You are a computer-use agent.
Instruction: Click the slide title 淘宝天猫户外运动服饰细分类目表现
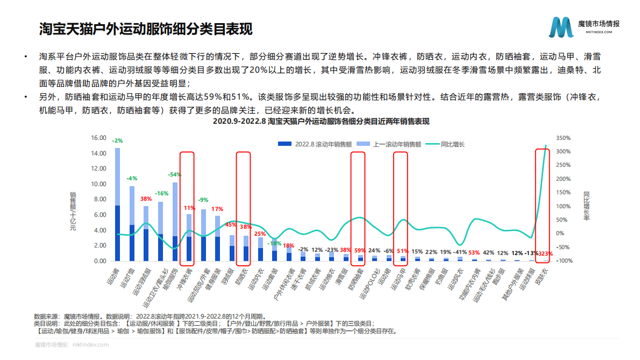pyautogui.click(x=146, y=29)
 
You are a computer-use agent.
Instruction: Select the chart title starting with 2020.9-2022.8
pyautogui.click(x=321, y=122)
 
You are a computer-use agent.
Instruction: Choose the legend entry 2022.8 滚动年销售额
pyautogui.click(x=315, y=144)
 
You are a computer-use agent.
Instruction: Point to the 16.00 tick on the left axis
pyautogui.click(x=99, y=138)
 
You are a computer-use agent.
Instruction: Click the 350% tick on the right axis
pyautogui.click(x=563, y=138)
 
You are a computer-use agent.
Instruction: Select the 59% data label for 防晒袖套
pyautogui.click(x=359, y=250)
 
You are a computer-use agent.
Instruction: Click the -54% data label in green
pyautogui.click(x=174, y=174)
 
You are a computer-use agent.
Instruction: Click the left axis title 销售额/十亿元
pyautogui.click(x=73, y=211)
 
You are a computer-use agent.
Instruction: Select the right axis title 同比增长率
pyautogui.click(x=587, y=206)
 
